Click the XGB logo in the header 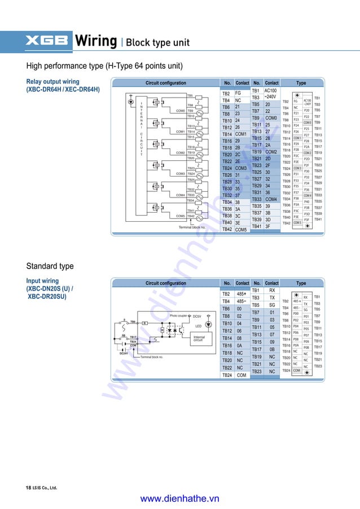click(x=46, y=41)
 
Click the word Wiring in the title click(x=96, y=41)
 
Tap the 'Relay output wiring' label click(x=52, y=82)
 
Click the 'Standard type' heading click(x=50, y=266)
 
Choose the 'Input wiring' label click(x=42, y=280)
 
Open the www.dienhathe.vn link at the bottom click(x=179, y=498)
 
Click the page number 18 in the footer click(x=28, y=487)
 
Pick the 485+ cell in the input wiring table click(x=242, y=294)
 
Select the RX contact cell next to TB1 click(x=271, y=290)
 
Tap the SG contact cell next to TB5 click(x=271, y=305)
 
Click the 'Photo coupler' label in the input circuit click(x=178, y=316)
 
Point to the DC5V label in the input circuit click(x=197, y=316)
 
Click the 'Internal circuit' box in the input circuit click(x=199, y=339)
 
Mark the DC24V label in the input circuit click(x=123, y=353)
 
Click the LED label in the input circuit click(x=198, y=326)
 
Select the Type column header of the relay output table click(x=301, y=83)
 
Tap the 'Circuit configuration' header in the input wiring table click(x=165, y=283)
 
